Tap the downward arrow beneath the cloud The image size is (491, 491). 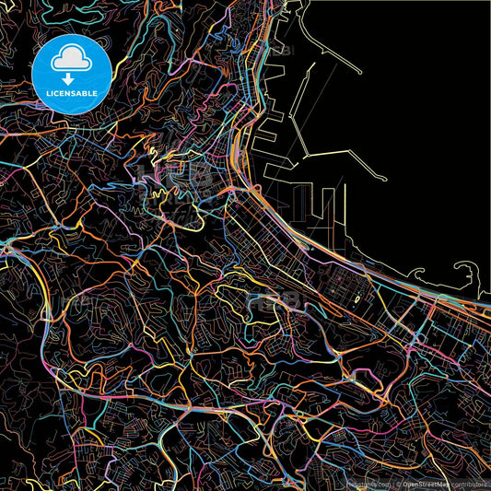tap(71, 79)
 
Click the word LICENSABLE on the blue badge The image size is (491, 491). tap(72, 94)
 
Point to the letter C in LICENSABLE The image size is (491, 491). tap(55, 94)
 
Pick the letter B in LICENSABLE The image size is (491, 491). tap(88, 94)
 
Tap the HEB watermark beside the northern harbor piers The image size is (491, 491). tap(279, 51)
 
